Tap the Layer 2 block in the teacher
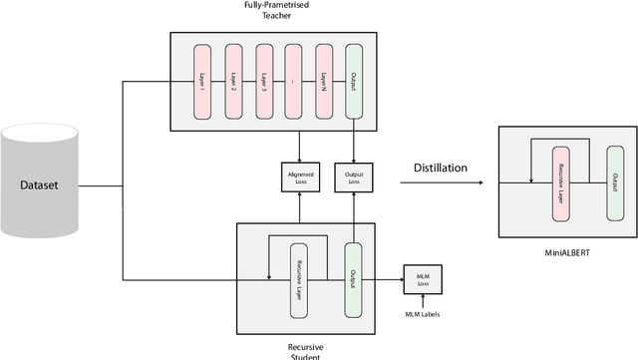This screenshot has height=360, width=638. point(235,79)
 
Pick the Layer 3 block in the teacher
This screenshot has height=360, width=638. point(265,79)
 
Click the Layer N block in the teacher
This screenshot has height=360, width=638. point(325,79)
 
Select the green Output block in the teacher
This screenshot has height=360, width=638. point(354,79)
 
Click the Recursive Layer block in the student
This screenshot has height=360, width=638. point(299,280)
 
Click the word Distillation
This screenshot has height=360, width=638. point(440,168)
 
